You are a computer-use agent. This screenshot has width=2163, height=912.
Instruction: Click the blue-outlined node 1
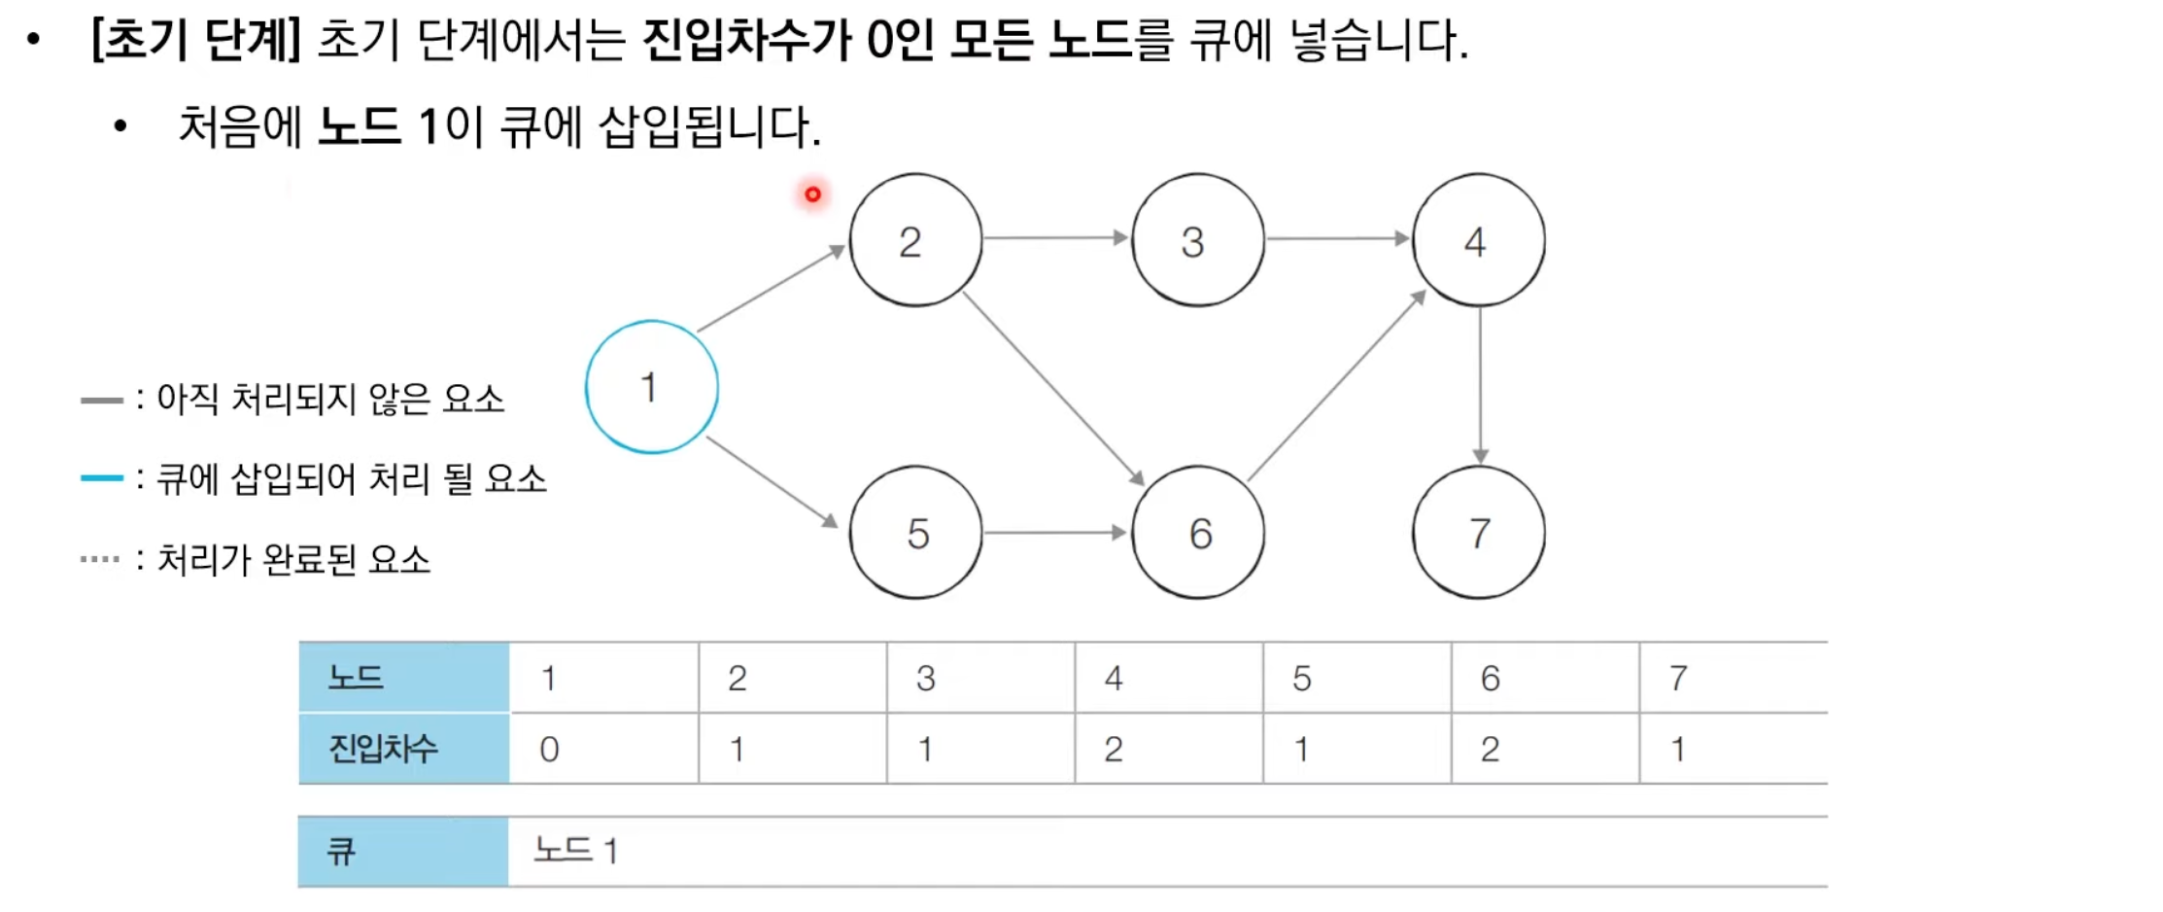[x=651, y=387]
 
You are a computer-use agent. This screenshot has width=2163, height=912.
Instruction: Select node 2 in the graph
[x=914, y=240]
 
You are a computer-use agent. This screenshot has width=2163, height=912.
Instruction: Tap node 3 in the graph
[x=1197, y=240]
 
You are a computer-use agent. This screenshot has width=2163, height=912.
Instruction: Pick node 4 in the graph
[x=1478, y=240]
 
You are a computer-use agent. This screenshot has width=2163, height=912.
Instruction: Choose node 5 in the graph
[x=914, y=533]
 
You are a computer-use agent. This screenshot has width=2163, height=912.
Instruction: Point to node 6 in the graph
[x=1197, y=533]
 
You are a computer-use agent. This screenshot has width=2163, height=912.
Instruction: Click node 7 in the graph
[x=1478, y=533]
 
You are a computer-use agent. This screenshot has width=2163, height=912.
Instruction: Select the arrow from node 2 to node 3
[x=1055, y=237]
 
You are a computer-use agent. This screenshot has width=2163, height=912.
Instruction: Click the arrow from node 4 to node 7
[x=1480, y=385]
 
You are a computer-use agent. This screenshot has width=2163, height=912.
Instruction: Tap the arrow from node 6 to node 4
[x=1337, y=385]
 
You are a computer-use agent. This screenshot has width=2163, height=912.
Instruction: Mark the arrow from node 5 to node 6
[x=1055, y=533]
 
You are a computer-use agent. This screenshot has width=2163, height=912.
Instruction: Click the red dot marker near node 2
[x=812, y=194]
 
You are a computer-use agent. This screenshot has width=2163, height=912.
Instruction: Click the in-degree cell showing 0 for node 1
[x=549, y=749]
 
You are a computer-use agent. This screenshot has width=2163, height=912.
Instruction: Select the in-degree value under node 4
[x=1114, y=749]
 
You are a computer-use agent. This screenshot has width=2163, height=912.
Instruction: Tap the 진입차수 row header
[x=384, y=749]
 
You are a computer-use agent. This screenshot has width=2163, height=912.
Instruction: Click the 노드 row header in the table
[x=357, y=677]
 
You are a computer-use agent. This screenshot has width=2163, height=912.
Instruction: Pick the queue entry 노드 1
[x=575, y=851]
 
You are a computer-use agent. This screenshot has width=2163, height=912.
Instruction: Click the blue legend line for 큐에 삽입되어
[x=101, y=477]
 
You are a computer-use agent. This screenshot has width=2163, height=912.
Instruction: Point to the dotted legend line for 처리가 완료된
[x=100, y=559]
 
